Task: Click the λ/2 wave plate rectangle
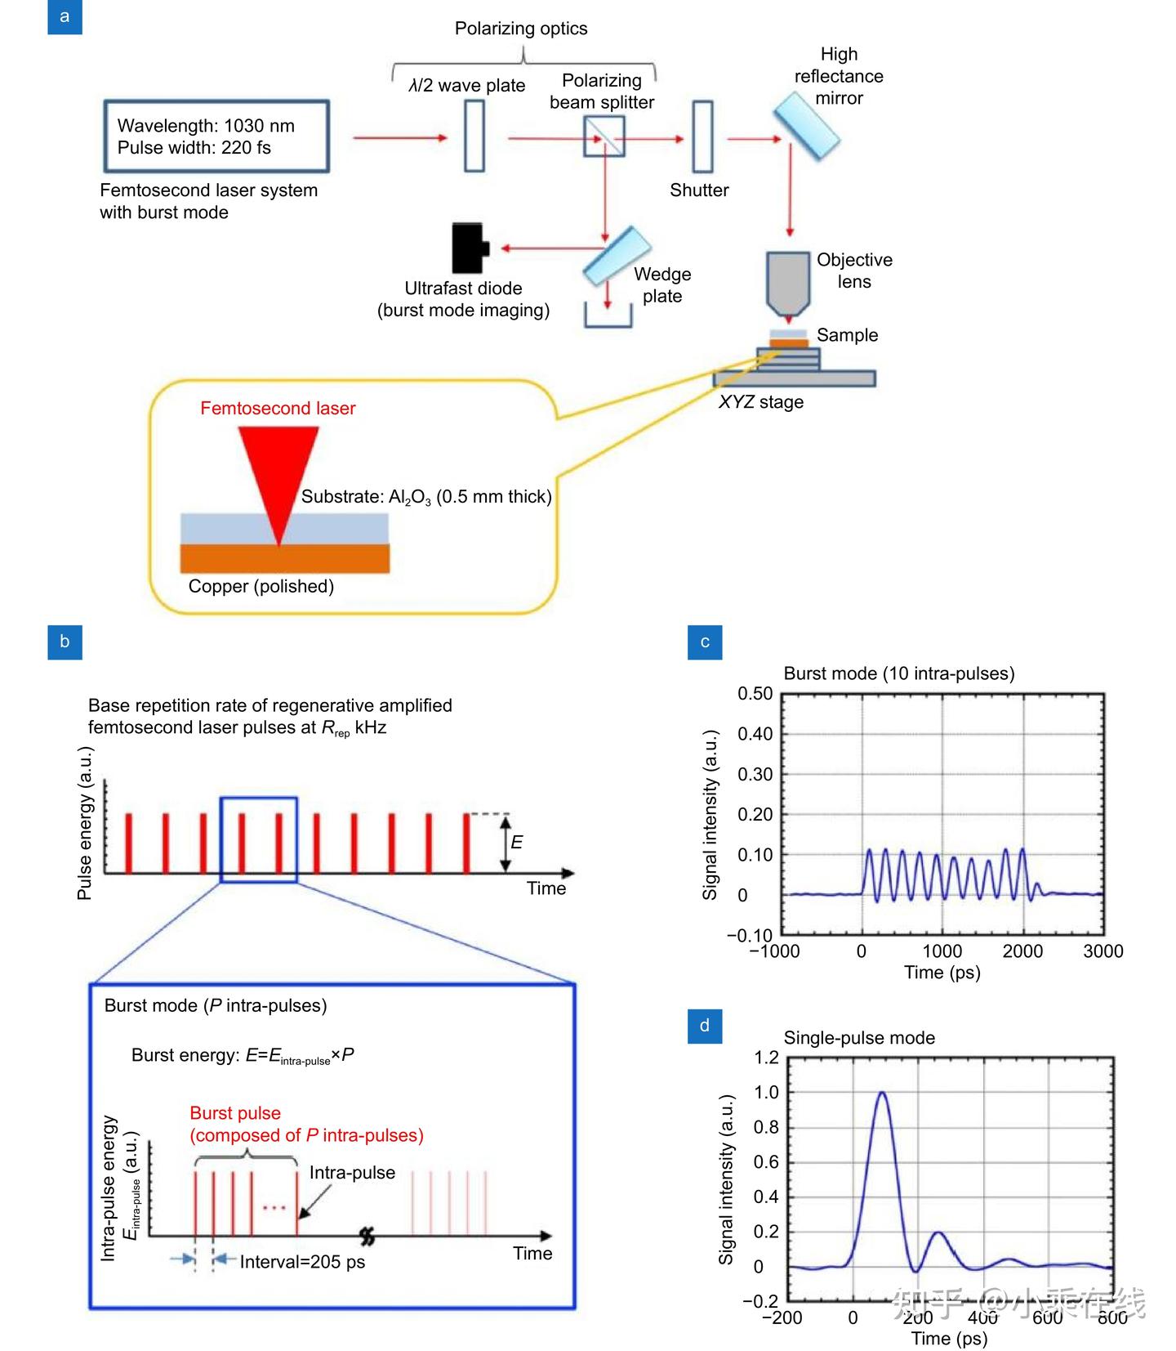click(x=474, y=136)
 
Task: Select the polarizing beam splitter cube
click(x=604, y=136)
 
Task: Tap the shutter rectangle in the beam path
click(x=702, y=136)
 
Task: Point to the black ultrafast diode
click(x=470, y=248)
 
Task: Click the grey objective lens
click(x=788, y=282)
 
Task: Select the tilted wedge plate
click(x=617, y=255)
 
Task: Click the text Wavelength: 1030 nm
click(x=206, y=126)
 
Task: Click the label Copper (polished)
click(x=261, y=586)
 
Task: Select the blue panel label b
click(x=65, y=642)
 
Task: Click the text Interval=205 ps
click(x=302, y=1262)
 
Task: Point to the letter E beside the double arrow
click(x=516, y=842)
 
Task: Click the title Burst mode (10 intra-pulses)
click(x=898, y=673)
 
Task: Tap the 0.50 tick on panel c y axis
click(x=755, y=694)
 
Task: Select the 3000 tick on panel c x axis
click(x=1102, y=951)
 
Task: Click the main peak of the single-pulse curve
click(x=881, y=1094)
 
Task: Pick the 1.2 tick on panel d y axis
click(x=766, y=1058)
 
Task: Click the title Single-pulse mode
click(x=859, y=1038)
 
